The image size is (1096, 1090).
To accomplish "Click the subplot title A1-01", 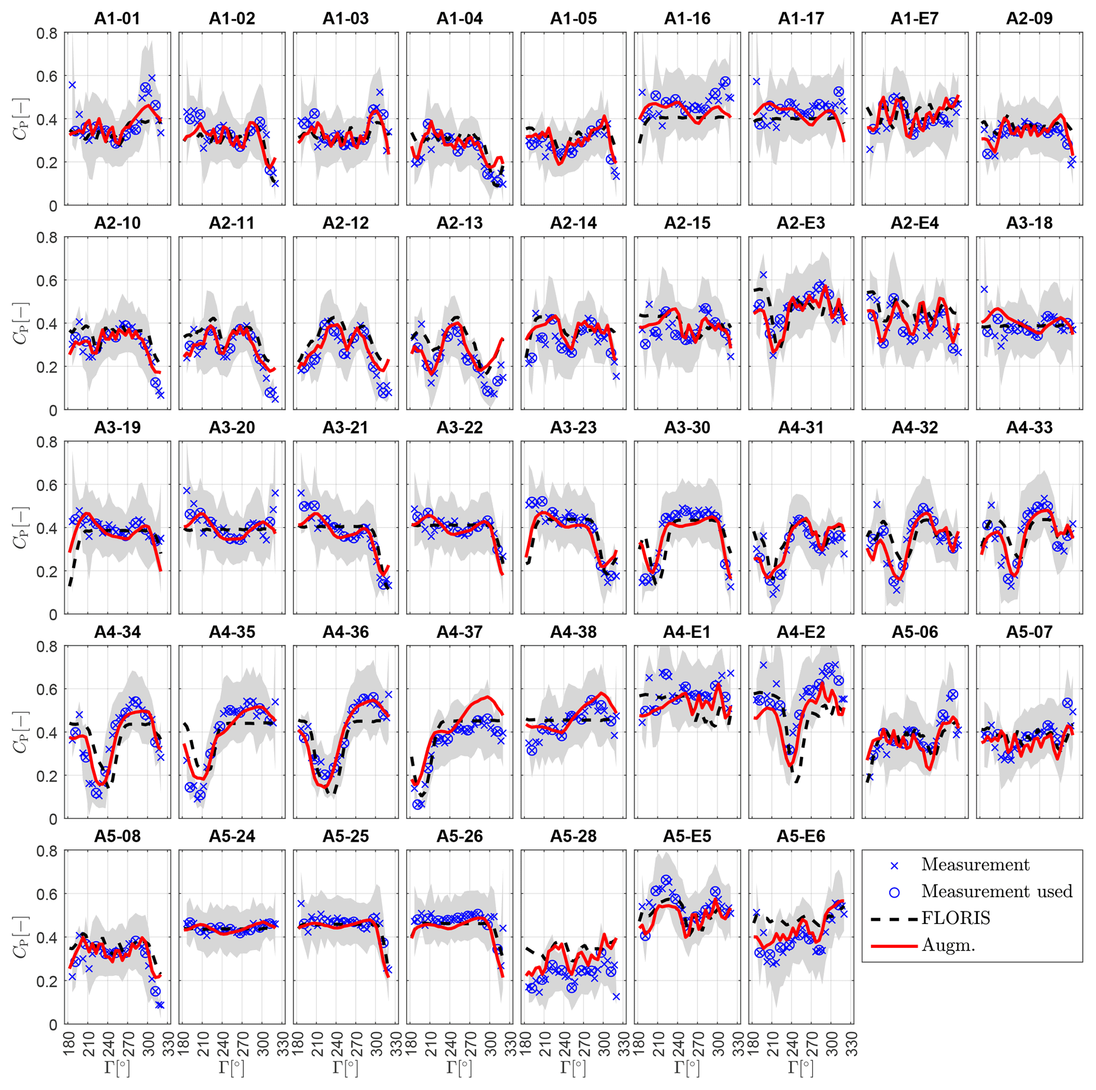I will point(117,19).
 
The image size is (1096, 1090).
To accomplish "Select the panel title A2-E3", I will point(800,223).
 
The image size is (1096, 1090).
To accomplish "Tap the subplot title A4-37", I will point(459,631).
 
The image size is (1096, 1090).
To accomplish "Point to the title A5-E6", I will point(800,836).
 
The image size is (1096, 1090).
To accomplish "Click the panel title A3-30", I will point(687,427).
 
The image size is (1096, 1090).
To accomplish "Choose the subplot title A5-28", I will point(573,836).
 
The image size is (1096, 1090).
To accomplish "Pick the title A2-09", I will point(1029,19).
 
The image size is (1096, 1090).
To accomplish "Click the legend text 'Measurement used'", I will point(997,891).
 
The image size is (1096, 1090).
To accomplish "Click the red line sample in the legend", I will point(894,945).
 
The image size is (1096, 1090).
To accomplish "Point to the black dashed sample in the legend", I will point(894,918).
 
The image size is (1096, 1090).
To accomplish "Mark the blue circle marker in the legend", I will point(895,892).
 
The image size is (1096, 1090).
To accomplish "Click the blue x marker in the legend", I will point(895,865).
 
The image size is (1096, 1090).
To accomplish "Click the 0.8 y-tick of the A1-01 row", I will point(47,33).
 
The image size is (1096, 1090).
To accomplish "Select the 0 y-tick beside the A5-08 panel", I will point(54,1024).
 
